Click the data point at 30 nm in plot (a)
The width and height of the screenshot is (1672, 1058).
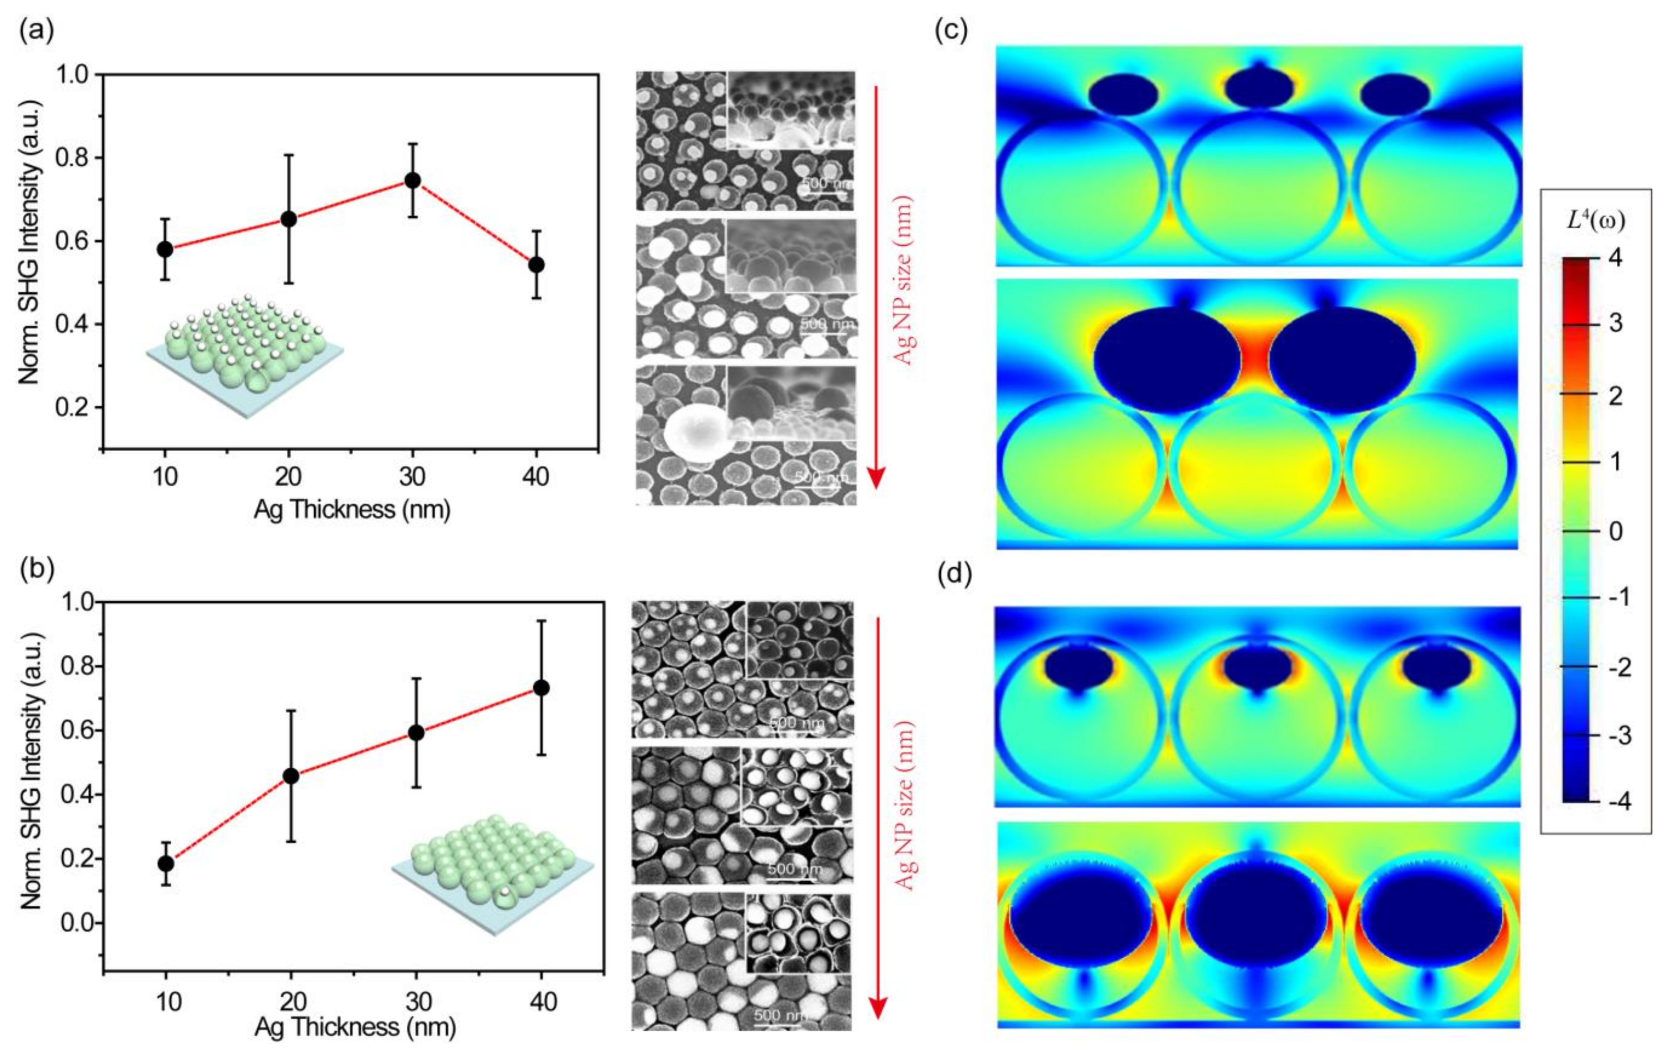(412, 180)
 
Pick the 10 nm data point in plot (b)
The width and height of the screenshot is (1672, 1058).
(166, 863)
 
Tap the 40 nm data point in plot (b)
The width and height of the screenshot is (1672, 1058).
(541, 688)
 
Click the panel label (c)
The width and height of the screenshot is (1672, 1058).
(951, 31)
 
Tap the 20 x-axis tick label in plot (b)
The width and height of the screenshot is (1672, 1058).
(292, 1002)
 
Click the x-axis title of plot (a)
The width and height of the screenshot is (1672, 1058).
(352, 510)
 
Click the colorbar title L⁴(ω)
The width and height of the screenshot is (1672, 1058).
(1595, 221)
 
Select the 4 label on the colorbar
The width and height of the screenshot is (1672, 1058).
(1616, 258)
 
